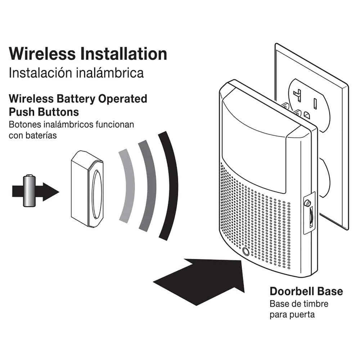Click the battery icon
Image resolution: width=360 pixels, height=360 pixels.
click(x=29, y=190)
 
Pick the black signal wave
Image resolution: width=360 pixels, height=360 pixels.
click(x=170, y=185)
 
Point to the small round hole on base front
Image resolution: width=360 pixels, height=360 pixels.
click(x=246, y=252)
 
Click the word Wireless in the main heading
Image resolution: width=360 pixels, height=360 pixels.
click(x=42, y=54)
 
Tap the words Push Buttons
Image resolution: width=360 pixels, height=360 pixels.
click(x=44, y=112)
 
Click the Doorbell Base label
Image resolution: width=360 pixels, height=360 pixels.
click(x=306, y=291)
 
